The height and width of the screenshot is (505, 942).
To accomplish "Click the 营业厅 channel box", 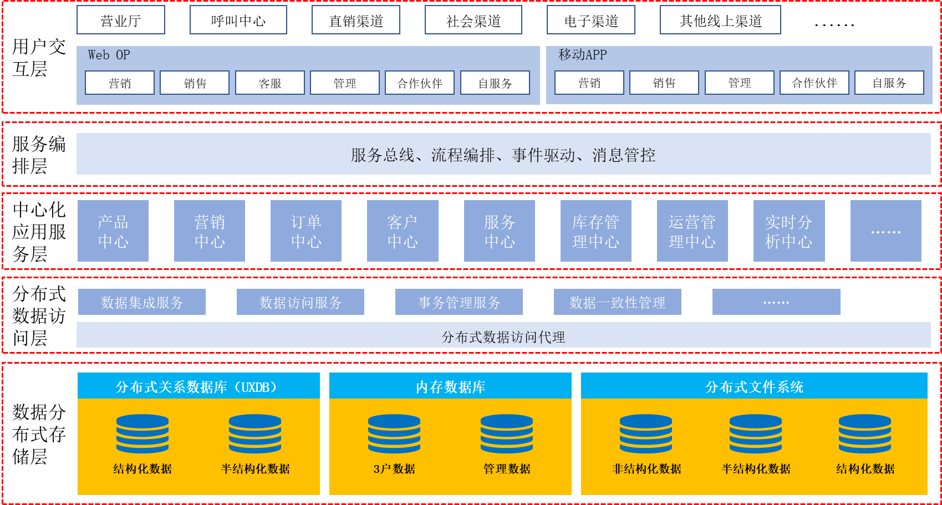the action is point(121,20).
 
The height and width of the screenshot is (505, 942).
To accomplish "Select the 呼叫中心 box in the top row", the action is point(238,20).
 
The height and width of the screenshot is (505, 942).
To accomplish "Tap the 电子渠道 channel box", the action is point(591,20).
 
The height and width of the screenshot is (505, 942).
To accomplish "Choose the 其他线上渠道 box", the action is point(720,20).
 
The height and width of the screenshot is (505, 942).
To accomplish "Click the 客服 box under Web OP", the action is point(270,83).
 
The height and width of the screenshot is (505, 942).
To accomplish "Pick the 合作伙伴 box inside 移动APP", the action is point(814,83).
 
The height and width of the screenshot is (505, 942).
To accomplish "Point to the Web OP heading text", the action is point(109,55).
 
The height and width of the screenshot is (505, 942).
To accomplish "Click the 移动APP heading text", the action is point(582,55).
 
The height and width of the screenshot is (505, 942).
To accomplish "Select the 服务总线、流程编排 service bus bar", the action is point(503,154).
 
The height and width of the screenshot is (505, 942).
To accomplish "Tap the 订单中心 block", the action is point(305,231).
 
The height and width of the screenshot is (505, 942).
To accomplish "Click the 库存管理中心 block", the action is point(595,231).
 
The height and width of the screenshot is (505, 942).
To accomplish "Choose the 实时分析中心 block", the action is point(789,231).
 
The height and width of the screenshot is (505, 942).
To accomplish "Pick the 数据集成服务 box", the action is point(142,302).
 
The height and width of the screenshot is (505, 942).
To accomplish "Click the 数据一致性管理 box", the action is point(617,302).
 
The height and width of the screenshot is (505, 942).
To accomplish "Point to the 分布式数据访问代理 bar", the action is point(503,335).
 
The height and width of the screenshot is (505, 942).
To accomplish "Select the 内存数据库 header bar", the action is point(450,386).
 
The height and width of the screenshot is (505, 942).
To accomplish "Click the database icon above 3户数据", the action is point(394,433).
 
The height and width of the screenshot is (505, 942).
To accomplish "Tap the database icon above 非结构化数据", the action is point(646,433).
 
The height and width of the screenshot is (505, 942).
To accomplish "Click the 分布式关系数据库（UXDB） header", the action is point(198,386).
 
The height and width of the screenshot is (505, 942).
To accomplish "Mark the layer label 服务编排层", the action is point(39,155).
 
